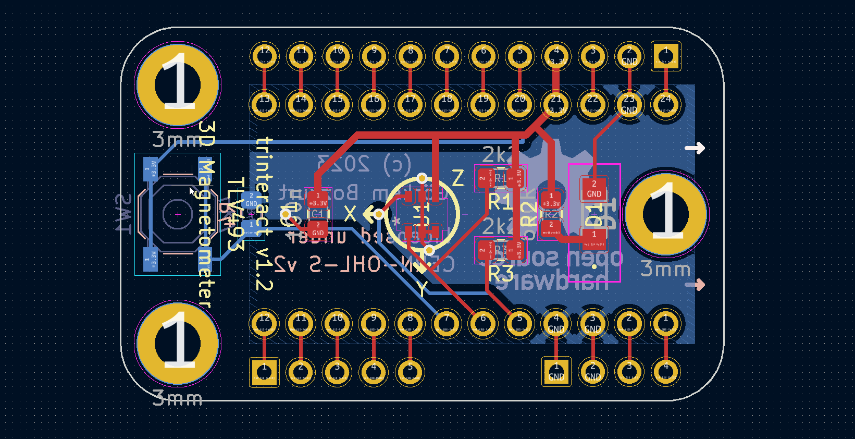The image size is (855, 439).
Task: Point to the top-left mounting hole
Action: [178, 85]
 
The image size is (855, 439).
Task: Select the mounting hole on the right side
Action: [665, 214]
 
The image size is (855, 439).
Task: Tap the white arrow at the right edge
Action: [695, 149]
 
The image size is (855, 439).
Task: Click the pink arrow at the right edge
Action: [695, 285]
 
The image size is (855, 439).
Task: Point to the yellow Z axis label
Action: [457, 178]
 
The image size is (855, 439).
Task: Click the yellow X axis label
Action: [350, 214]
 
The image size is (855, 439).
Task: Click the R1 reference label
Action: [499, 202]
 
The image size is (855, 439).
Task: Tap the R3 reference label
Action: [500, 273]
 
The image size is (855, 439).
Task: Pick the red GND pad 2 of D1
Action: [594, 189]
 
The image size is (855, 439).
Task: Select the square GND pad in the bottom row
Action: [556, 372]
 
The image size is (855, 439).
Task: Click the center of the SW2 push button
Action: [178, 214]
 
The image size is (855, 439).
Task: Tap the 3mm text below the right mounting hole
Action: [665, 269]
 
